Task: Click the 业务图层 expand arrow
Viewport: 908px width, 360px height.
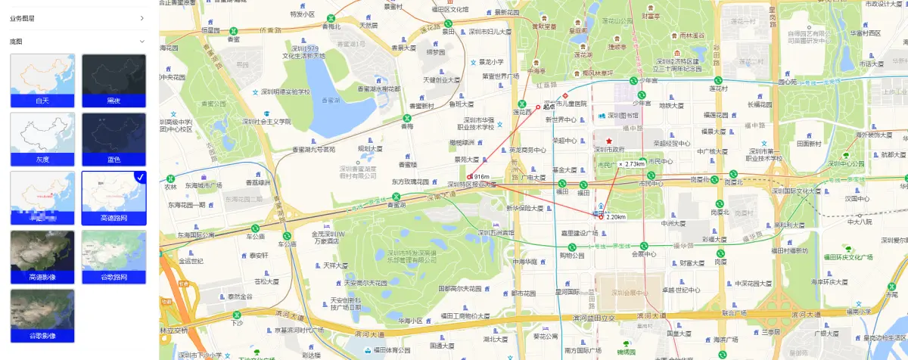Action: (x=142, y=17)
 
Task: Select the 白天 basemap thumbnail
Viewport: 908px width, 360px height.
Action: (x=42, y=79)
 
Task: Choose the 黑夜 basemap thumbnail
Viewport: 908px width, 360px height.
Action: (x=113, y=79)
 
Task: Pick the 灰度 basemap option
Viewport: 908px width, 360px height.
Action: (x=42, y=138)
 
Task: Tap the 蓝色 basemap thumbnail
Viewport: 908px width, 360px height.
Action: (x=113, y=138)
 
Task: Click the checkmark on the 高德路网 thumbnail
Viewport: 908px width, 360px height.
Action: (x=140, y=177)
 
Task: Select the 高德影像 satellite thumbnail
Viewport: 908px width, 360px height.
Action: (x=42, y=256)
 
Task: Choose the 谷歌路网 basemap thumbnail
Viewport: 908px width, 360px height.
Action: (x=113, y=256)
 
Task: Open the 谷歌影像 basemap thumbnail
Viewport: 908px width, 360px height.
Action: (x=42, y=315)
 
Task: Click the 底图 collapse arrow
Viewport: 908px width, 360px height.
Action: (x=142, y=42)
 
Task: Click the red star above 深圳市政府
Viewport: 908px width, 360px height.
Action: (x=608, y=141)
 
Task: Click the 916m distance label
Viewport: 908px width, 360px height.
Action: (x=482, y=177)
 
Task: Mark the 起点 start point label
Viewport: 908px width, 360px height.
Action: (x=549, y=107)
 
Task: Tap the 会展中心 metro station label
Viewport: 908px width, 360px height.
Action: (x=643, y=254)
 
